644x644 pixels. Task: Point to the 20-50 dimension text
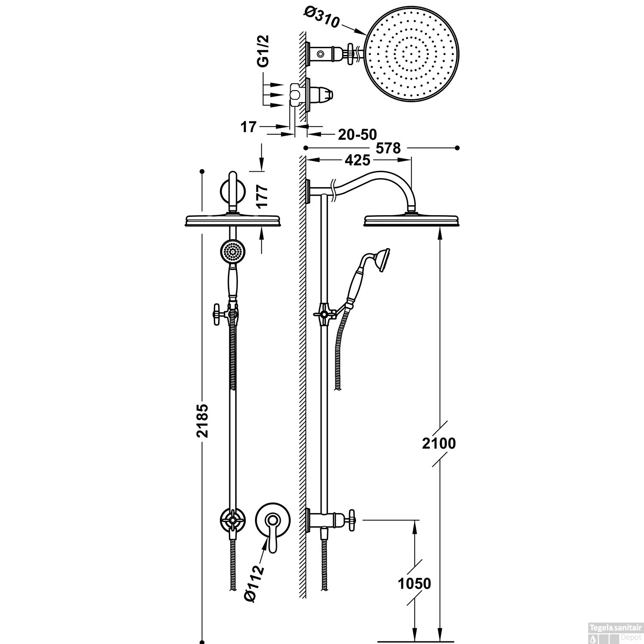[357, 134]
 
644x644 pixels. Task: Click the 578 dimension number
[388, 148]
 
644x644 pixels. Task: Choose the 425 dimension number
[357, 161]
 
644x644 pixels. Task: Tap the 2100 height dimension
[438, 443]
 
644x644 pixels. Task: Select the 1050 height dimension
[414, 583]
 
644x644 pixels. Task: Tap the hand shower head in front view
[232, 252]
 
